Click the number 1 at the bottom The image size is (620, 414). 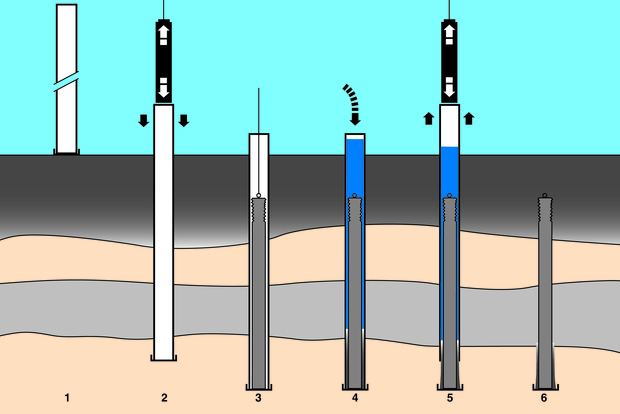tap(67, 399)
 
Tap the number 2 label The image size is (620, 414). tap(164, 399)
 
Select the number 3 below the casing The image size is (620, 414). tap(259, 399)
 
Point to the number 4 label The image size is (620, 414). tap(354, 399)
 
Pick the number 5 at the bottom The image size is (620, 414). tap(450, 399)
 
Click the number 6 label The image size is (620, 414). tap(545, 399)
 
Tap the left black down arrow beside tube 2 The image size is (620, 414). tap(142, 121)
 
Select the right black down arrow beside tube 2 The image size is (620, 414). tap(185, 121)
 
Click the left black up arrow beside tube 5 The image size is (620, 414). tap(428, 119)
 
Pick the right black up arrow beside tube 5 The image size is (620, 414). tap(470, 119)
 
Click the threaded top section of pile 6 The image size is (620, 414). tap(545, 211)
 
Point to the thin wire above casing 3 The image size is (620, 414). tap(259, 110)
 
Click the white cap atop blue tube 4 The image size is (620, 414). tap(354, 135)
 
